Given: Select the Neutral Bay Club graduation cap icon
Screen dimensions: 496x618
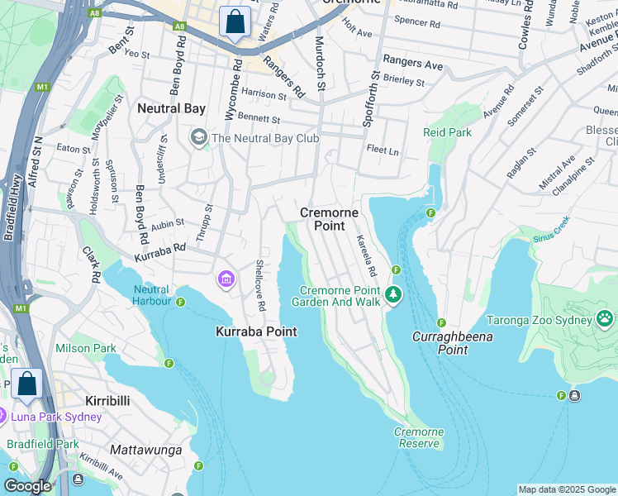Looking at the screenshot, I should pyautogui.click(x=198, y=137).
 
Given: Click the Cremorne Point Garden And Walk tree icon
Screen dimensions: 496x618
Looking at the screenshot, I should pyautogui.click(x=394, y=293).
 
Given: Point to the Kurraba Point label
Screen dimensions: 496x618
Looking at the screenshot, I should pyautogui.click(x=255, y=331).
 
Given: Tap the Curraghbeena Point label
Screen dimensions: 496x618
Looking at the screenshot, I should pyautogui.click(x=453, y=343).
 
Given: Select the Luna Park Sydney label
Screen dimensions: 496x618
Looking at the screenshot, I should pyautogui.click(x=55, y=417).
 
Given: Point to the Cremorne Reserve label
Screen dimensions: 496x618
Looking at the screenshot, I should pyautogui.click(x=418, y=437).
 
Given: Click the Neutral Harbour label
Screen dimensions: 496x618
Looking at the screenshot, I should pyautogui.click(x=151, y=295).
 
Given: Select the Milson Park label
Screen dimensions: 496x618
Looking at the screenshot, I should pyautogui.click(x=86, y=348).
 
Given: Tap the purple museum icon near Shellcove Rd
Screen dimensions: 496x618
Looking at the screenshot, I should pyautogui.click(x=225, y=281).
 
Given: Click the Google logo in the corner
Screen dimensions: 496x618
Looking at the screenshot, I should pyautogui.click(x=27, y=486).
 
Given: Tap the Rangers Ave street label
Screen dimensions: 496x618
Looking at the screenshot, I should pyautogui.click(x=413, y=64).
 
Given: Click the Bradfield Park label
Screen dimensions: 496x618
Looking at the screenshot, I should pyautogui.click(x=42, y=444).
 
